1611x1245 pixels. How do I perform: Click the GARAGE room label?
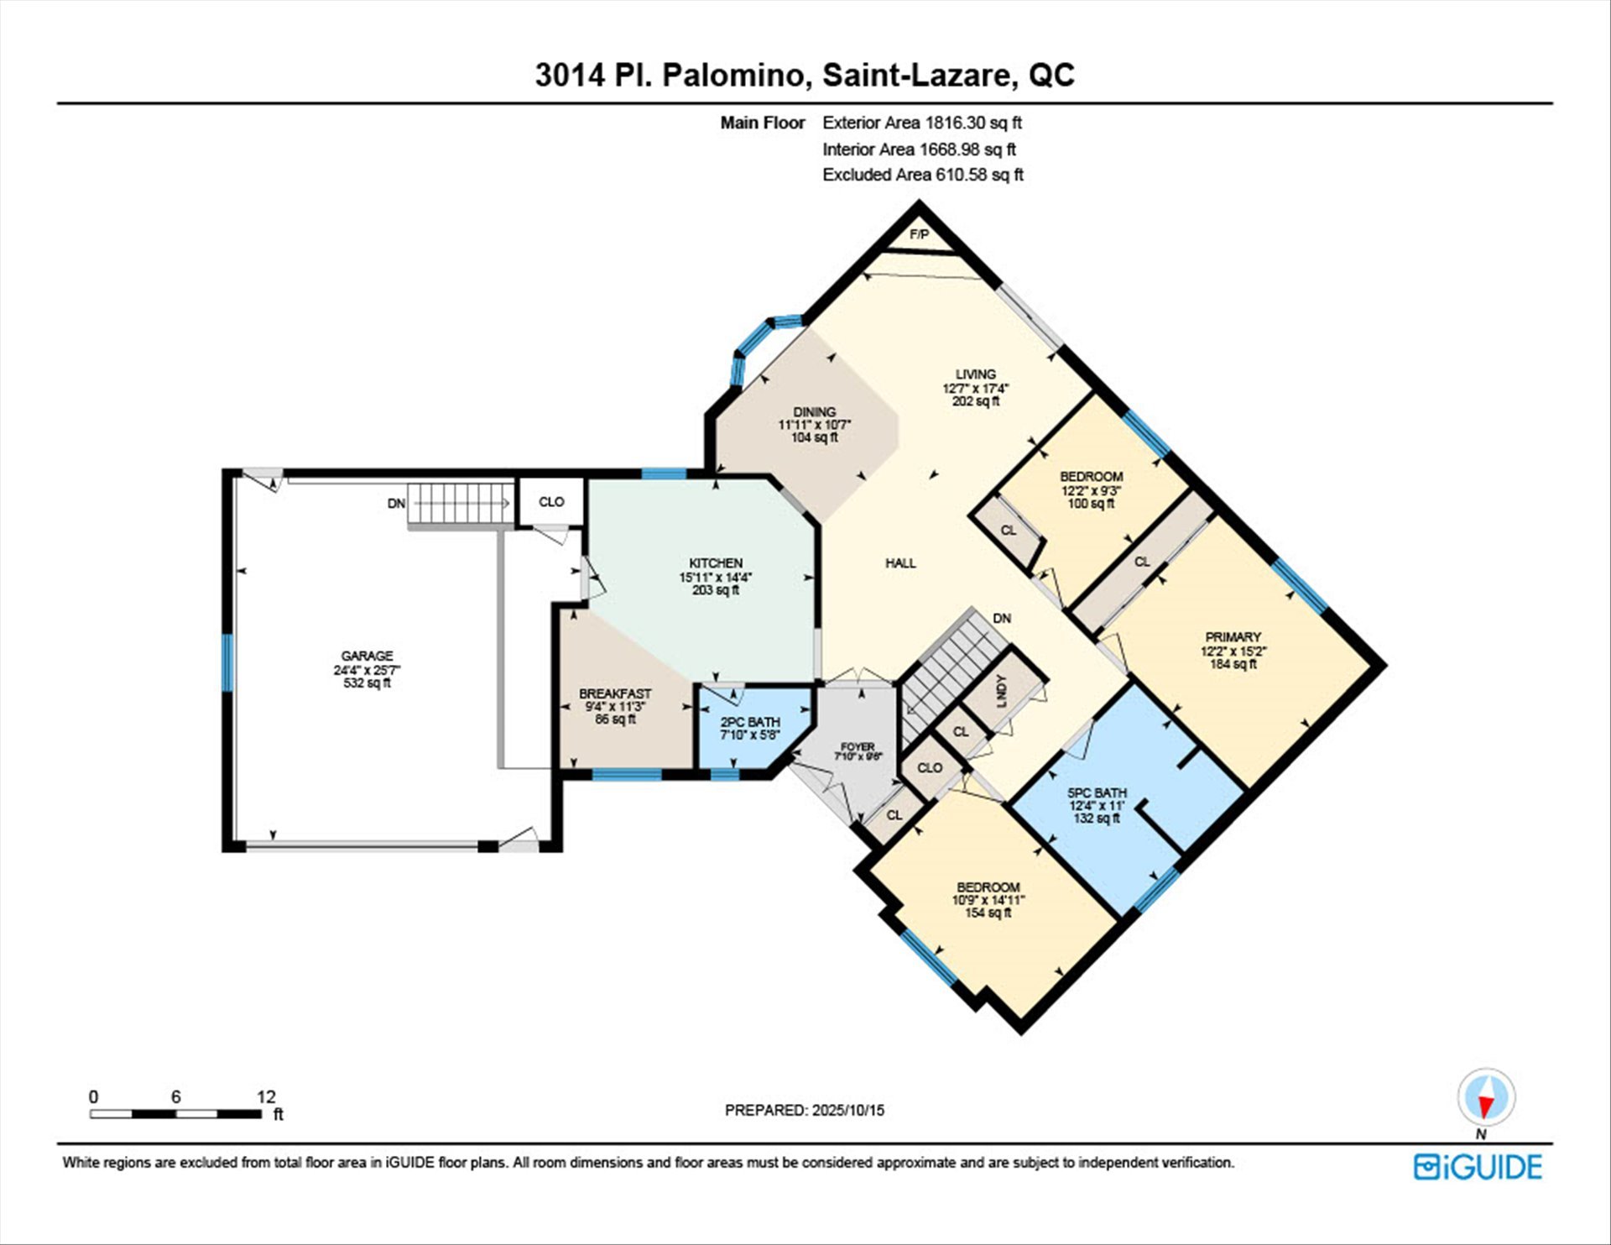pyautogui.click(x=367, y=656)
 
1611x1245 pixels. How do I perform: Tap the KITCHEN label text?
pyautogui.click(x=716, y=562)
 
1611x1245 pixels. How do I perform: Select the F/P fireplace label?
pyautogui.click(x=919, y=235)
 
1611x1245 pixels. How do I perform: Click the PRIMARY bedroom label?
pyautogui.click(x=1233, y=636)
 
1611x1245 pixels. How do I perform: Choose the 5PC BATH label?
pyautogui.click(x=1097, y=793)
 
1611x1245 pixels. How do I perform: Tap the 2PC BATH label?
pyautogui.click(x=750, y=722)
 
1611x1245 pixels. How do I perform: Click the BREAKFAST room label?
pyautogui.click(x=615, y=694)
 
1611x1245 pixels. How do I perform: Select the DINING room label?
pyautogui.click(x=814, y=411)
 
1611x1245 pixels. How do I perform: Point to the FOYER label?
pyautogui.click(x=858, y=746)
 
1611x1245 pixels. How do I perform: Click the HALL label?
pyautogui.click(x=900, y=563)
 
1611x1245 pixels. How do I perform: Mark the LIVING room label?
pyautogui.click(x=975, y=374)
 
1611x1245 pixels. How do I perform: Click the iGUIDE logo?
pyautogui.click(x=1478, y=1167)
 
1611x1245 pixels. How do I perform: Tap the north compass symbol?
pyautogui.click(x=1486, y=1098)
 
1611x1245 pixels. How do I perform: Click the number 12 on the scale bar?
pyautogui.click(x=266, y=1096)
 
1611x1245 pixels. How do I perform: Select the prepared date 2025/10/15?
pyautogui.click(x=848, y=1110)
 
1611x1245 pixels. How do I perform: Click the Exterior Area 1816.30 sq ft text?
pyautogui.click(x=922, y=123)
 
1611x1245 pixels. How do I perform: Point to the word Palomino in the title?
pyautogui.click(x=736, y=76)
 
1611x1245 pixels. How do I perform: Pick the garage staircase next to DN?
pyautogui.click(x=460, y=504)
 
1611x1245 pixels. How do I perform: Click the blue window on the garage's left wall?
pyautogui.click(x=227, y=662)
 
